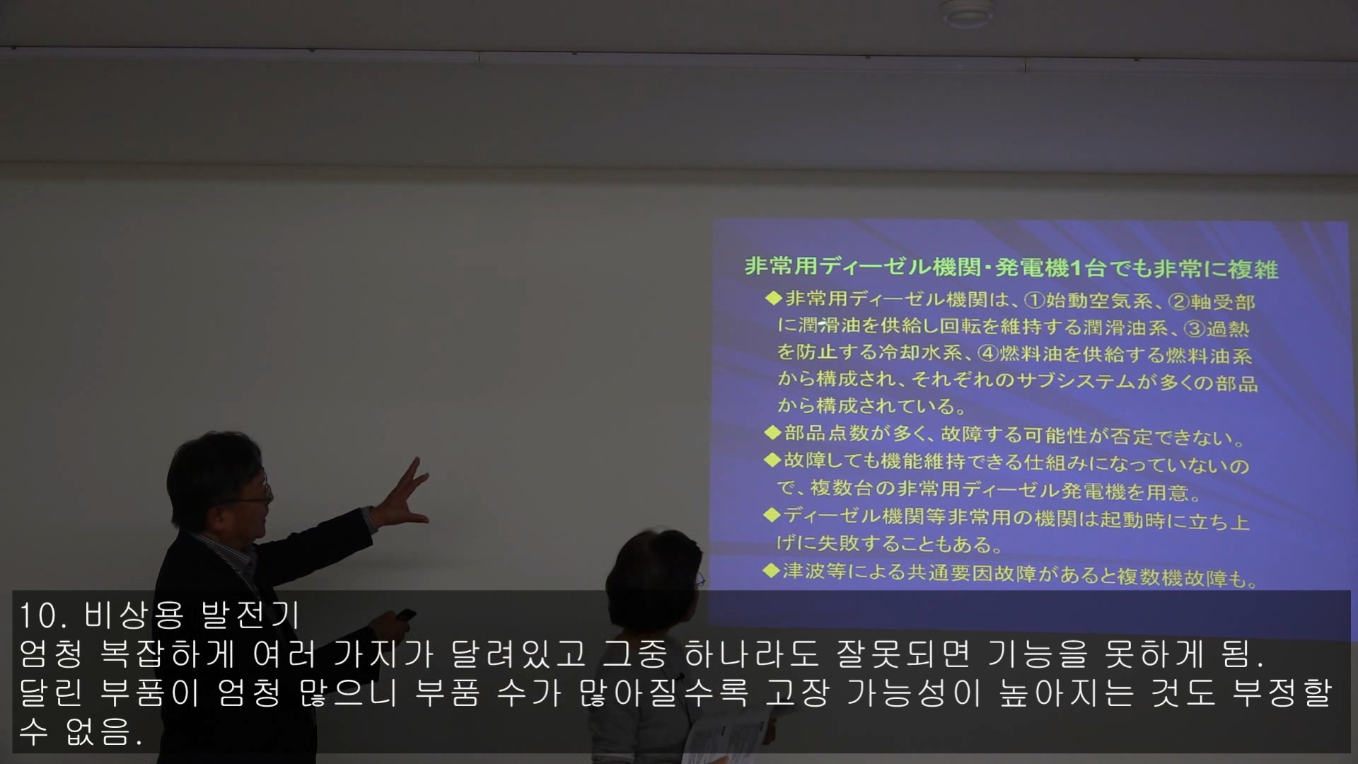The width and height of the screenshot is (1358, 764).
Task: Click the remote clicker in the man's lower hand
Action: [405, 614]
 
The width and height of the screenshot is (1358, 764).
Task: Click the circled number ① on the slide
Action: [1035, 301]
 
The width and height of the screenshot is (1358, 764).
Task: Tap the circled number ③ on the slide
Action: [1195, 329]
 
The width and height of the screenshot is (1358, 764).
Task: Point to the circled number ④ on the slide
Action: [988, 353]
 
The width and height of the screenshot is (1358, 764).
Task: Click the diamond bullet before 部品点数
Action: [772, 432]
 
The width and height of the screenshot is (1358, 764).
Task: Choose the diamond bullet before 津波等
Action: [772, 570]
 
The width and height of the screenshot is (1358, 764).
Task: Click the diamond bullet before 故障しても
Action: [772, 460]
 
